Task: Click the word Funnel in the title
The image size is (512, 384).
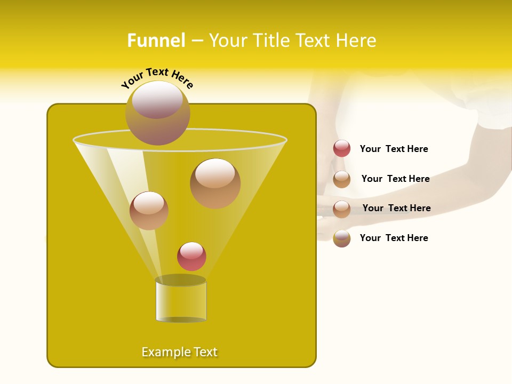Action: click(156, 41)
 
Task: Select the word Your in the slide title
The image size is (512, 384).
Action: click(228, 41)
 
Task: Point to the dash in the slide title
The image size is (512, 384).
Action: click(197, 41)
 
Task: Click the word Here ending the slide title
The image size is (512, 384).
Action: click(356, 41)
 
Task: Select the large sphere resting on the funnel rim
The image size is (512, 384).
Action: click(158, 113)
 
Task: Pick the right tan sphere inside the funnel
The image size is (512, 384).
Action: click(215, 183)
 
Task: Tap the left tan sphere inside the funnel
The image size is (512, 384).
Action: click(149, 211)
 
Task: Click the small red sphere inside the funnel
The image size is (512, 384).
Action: click(191, 256)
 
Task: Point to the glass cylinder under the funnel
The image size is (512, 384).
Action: click(181, 300)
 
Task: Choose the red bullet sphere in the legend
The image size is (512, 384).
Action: click(342, 148)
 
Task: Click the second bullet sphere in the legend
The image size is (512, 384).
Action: click(342, 179)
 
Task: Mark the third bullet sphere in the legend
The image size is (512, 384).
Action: click(342, 209)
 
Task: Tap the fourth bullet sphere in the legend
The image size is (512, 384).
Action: click(342, 238)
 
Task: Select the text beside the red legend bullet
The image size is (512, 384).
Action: click(394, 149)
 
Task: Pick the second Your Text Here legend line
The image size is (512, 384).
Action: click(395, 179)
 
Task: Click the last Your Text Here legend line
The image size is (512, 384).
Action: click(394, 238)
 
